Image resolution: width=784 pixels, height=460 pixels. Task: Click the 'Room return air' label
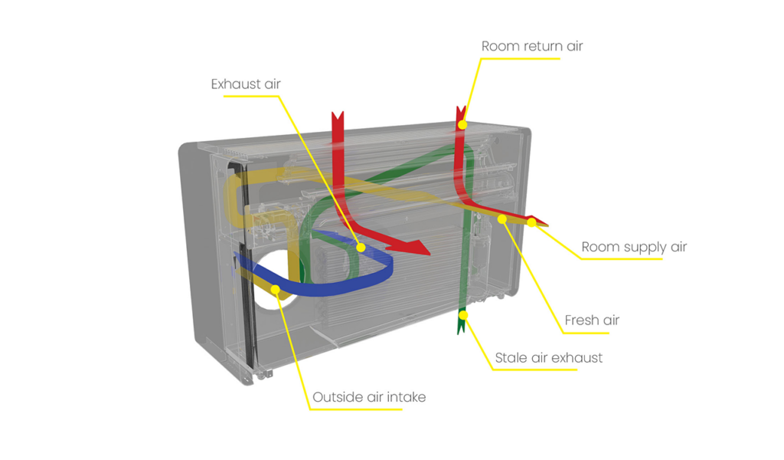coord(532,46)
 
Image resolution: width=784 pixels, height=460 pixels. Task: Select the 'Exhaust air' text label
coord(246,84)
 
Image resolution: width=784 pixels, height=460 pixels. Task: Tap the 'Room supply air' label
coord(634,248)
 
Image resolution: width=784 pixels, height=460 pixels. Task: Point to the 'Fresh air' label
coord(592,320)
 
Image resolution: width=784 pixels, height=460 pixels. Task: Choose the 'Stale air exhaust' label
coord(548,358)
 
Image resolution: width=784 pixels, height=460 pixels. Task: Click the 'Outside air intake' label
coord(369,397)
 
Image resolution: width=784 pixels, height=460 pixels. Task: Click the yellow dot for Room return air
coord(462,125)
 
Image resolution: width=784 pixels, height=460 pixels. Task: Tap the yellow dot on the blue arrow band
coord(361,248)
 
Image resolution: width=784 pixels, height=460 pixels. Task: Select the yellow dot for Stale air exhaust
coord(463,315)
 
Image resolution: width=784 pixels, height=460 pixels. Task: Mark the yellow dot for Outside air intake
coord(275,289)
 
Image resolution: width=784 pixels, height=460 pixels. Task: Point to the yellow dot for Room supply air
coord(532,222)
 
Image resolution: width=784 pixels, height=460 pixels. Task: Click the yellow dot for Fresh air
coord(502,219)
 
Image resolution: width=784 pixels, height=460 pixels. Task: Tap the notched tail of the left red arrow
coord(338,117)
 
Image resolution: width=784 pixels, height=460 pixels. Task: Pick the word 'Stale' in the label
coord(511,358)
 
